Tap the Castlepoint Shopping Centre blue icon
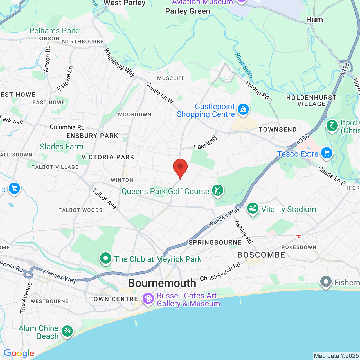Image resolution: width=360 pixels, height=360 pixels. [x=243, y=109]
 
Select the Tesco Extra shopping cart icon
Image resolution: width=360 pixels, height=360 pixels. [x=327, y=153]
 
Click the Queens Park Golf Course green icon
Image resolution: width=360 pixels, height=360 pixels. [x=217, y=190]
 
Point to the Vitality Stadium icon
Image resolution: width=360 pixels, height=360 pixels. [x=253, y=209]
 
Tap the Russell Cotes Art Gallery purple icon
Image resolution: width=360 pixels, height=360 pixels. [x=148, y=299]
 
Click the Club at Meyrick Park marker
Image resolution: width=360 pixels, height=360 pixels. [x=106, y=258]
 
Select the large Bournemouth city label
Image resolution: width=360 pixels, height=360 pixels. [x=162, y=283]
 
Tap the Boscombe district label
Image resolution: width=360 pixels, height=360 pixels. [x=261, y=255]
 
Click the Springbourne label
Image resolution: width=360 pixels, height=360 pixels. [x=215, y=242]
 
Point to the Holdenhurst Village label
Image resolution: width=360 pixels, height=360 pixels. [x=311, y=101]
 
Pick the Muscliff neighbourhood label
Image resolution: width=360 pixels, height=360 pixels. [x=171, y=78]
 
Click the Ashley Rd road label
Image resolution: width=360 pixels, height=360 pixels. [x=244, y=232]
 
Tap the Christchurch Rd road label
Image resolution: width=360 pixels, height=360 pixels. [x=220, y=271]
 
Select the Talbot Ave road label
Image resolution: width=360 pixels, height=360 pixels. [x=104, y=199]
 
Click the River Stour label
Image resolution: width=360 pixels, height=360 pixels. [x=244, y=65]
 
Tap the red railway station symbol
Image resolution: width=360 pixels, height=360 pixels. [x=299, y=236]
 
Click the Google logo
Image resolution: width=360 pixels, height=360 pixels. [x=19, y=353]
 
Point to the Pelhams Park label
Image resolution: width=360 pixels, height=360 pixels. [x=53, y=31]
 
